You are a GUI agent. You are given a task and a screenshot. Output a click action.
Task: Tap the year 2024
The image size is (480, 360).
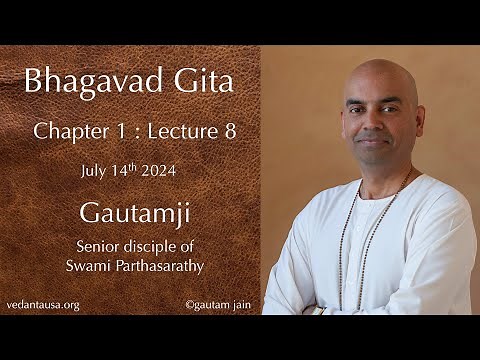pos(168,170)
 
